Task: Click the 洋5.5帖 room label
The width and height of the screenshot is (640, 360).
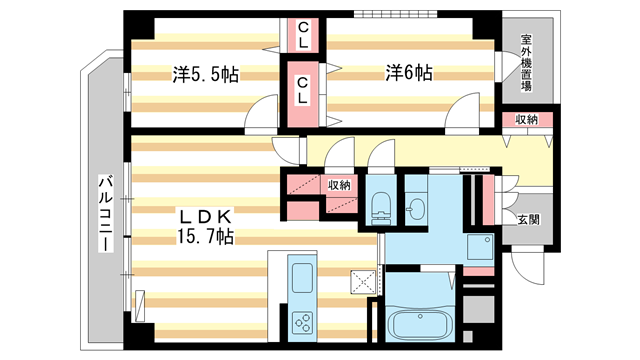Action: [x=204, y=74]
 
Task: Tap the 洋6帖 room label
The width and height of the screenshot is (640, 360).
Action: [x=410, y=73]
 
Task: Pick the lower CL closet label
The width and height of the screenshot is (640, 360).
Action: [x=301, y=91]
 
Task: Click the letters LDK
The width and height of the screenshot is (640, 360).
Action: [x=205, y=216]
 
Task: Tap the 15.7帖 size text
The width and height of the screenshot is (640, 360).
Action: [x=206, y=237]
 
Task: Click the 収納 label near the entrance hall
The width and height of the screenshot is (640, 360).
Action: [x=527, y=120]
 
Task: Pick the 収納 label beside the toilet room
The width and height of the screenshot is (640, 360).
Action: [x=339, y=185]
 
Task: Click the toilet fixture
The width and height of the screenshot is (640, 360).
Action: [x=379, y=208]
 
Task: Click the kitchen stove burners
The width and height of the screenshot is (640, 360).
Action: [x=301, y=322]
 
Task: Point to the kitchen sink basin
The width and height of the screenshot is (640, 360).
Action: [x=301, y=274]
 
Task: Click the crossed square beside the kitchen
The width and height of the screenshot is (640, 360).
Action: [x=361, y=281]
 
